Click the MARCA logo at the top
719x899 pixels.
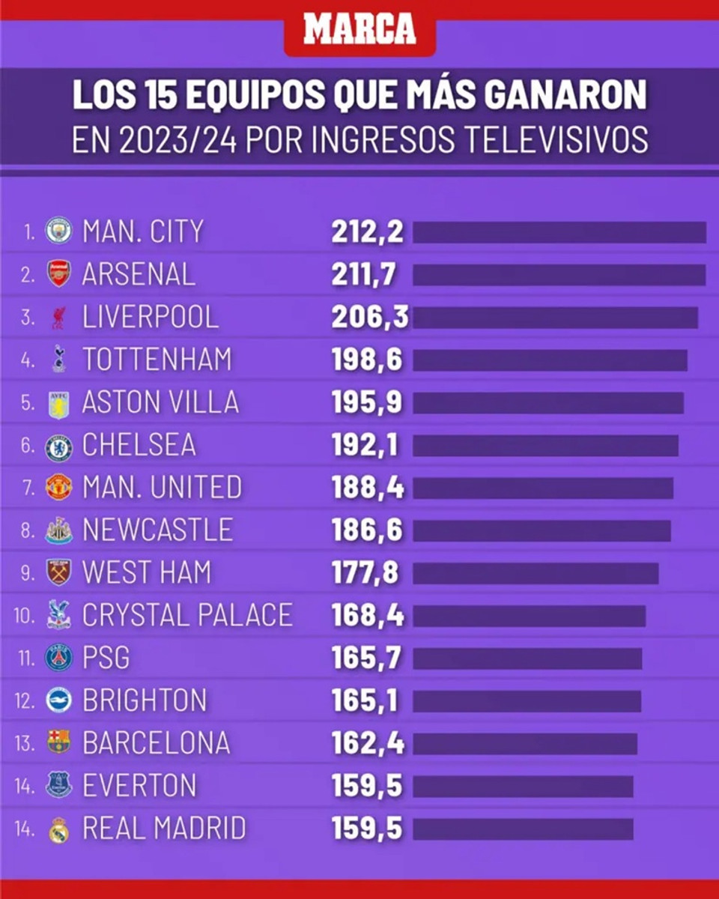point(359,29)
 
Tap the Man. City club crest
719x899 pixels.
point(58,231)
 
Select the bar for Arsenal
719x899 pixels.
point(559,275)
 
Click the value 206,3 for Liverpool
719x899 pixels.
point(370,317)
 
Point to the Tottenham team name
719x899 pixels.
point(157,360)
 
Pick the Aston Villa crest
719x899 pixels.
point(58,404)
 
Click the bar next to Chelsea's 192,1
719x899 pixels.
point(545,446)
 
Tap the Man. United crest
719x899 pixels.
point(58,488)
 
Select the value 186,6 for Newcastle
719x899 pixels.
point(367,530)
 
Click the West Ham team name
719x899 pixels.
point(147,573)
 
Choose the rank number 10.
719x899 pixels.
point(24,616)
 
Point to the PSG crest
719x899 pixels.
point(58,658)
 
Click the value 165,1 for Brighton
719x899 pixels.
point(365,701)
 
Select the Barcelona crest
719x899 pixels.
point(58,742)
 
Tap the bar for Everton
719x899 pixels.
point(523,787)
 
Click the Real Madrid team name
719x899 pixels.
point(164,829)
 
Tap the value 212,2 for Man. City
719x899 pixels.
point(367,232)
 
